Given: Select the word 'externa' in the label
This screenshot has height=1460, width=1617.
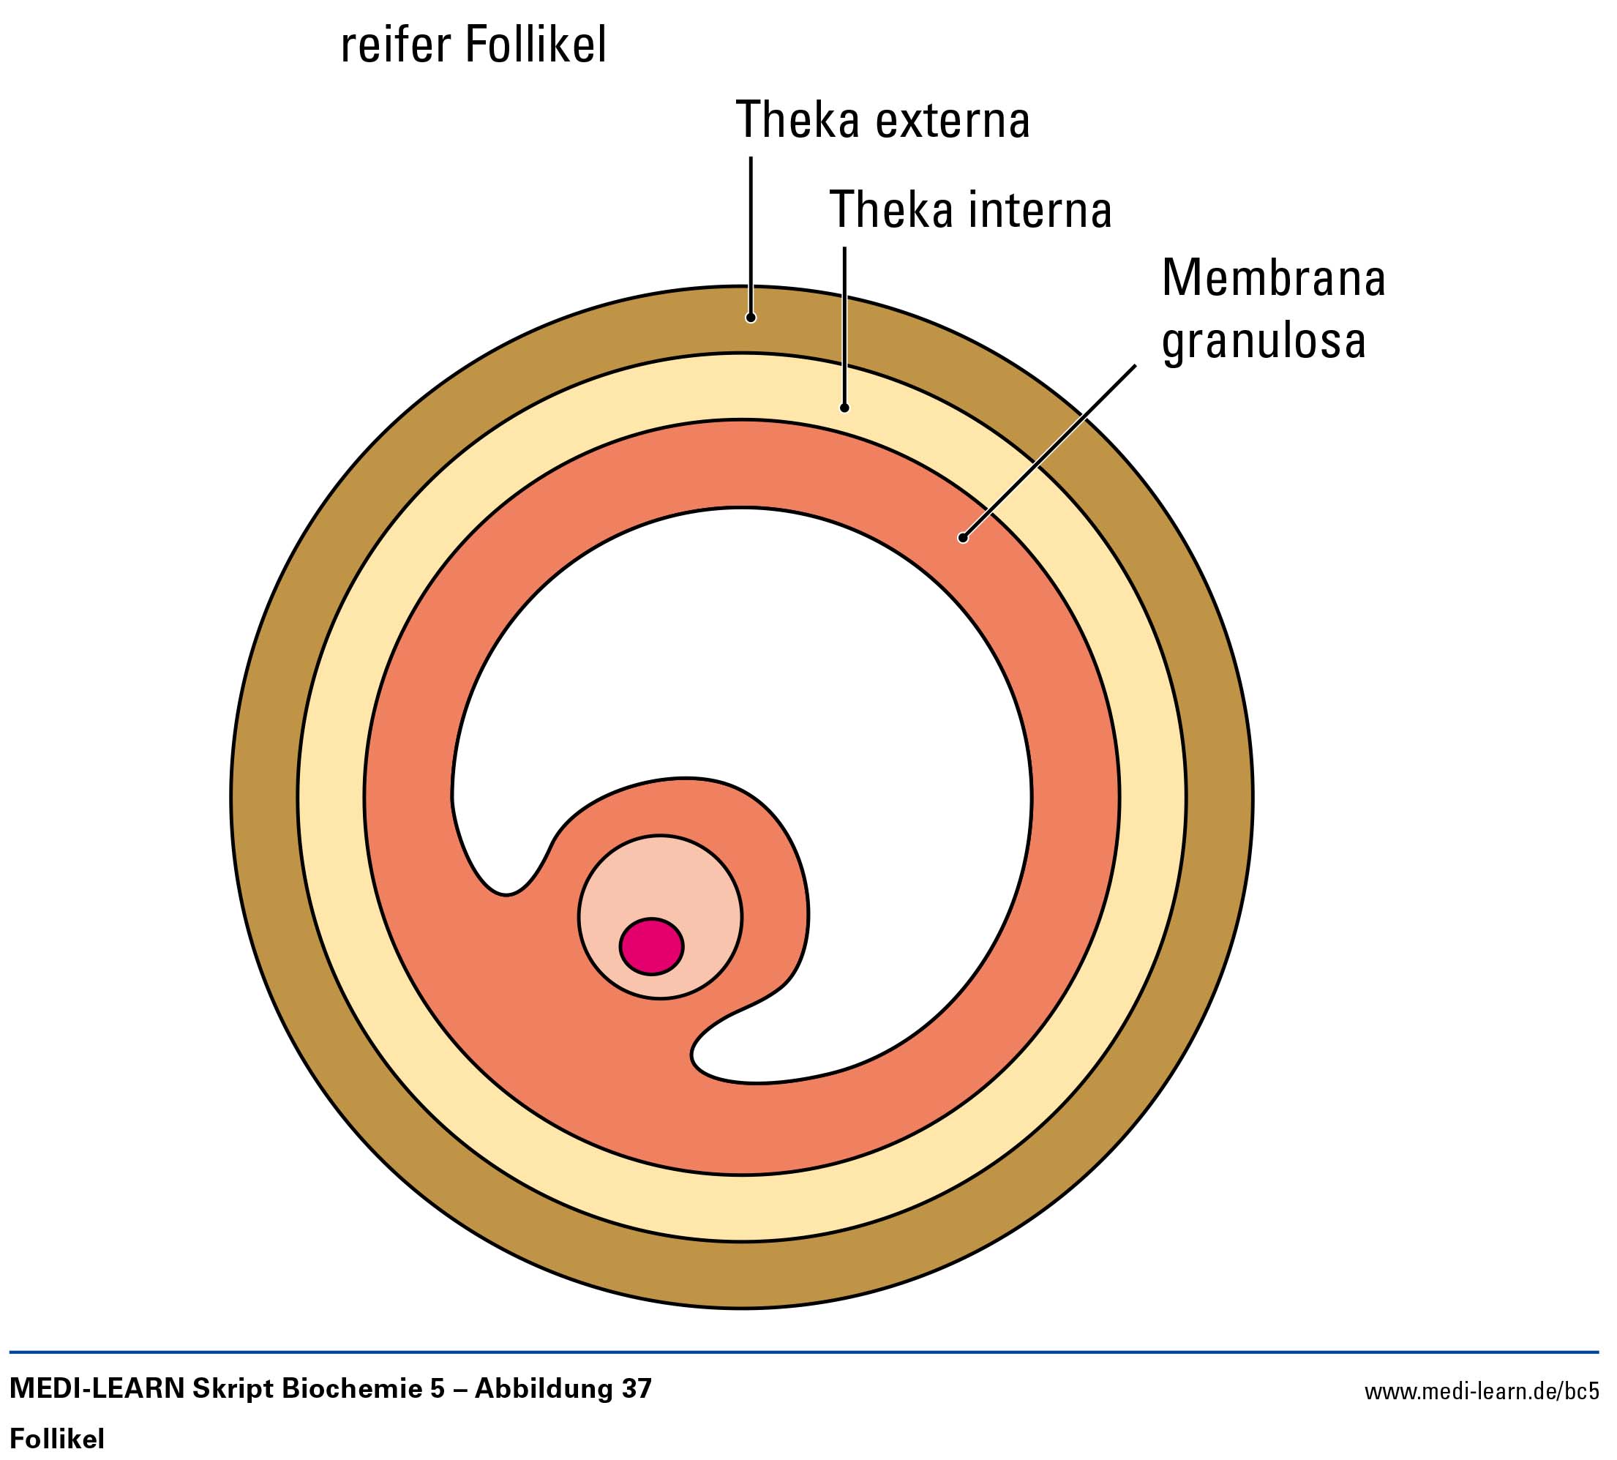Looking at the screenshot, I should click(952, 120).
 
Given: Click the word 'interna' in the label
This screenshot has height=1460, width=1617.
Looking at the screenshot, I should click(1040, 210).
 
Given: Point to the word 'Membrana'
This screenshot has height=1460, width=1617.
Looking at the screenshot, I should click(1274, 278).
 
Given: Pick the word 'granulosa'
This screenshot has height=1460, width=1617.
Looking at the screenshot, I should click(1264, 340).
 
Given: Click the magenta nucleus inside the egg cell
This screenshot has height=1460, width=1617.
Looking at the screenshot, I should click(651, 946).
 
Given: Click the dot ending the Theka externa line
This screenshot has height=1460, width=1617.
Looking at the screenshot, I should click(751, 318).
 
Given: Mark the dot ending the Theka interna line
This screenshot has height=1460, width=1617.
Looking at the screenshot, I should click(844, 408).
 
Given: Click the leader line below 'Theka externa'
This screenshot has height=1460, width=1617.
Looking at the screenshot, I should click(751, 233).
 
